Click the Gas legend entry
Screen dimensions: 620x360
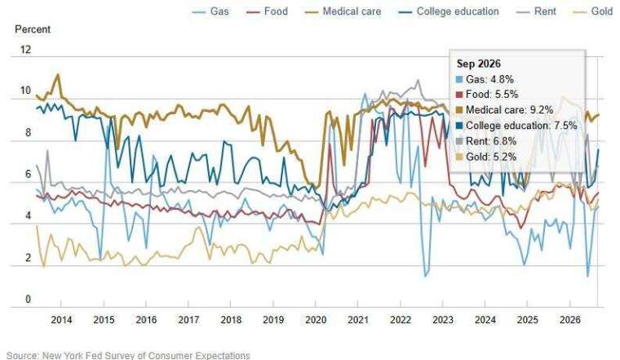pyautogui.click(x=210, y=11)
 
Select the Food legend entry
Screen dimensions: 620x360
pyautogui.click(x=267, y=11)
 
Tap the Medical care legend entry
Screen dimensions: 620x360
pyautogui.click(x=343, y=11)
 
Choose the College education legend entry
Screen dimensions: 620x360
pyautogui.click(x=449, y=11)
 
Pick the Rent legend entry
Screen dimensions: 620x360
pyautogui.click(x=536, y=11)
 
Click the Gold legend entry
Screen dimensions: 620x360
pyautogui.click(x=593, y=11)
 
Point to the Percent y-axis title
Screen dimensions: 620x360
pyautogui.click(x=33, y=29)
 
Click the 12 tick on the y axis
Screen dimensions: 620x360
pyautogui.click(x=26, y=50)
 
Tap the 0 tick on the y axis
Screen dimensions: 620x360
pyautogui.click(x=28, y=299)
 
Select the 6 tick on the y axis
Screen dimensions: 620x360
pyautogui.click(x=28, y=175)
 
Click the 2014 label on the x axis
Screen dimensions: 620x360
pyautogui.click(x=61, y=320)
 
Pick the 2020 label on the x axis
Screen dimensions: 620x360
pyautogui.click(x=316, y=320)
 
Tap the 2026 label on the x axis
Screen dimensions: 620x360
pyautogui.click(x=569, y=320)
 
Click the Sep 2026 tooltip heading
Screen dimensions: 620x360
pyautogui.click(x=478, y=64)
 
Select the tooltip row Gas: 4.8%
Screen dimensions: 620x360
pyautogui.click(x=485, y=79)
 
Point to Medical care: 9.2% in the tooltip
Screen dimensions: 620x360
pyautogui.click(x=504, y=110)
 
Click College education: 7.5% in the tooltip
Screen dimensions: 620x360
pyautogui.click(x=516, y=126)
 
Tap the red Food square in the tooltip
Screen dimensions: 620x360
pyautogui.click(x=459, y=95)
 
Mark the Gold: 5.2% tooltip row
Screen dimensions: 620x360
pyautogui.click(x=486, y=157)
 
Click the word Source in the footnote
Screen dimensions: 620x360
pyautogui.click(x=23, y=355)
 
